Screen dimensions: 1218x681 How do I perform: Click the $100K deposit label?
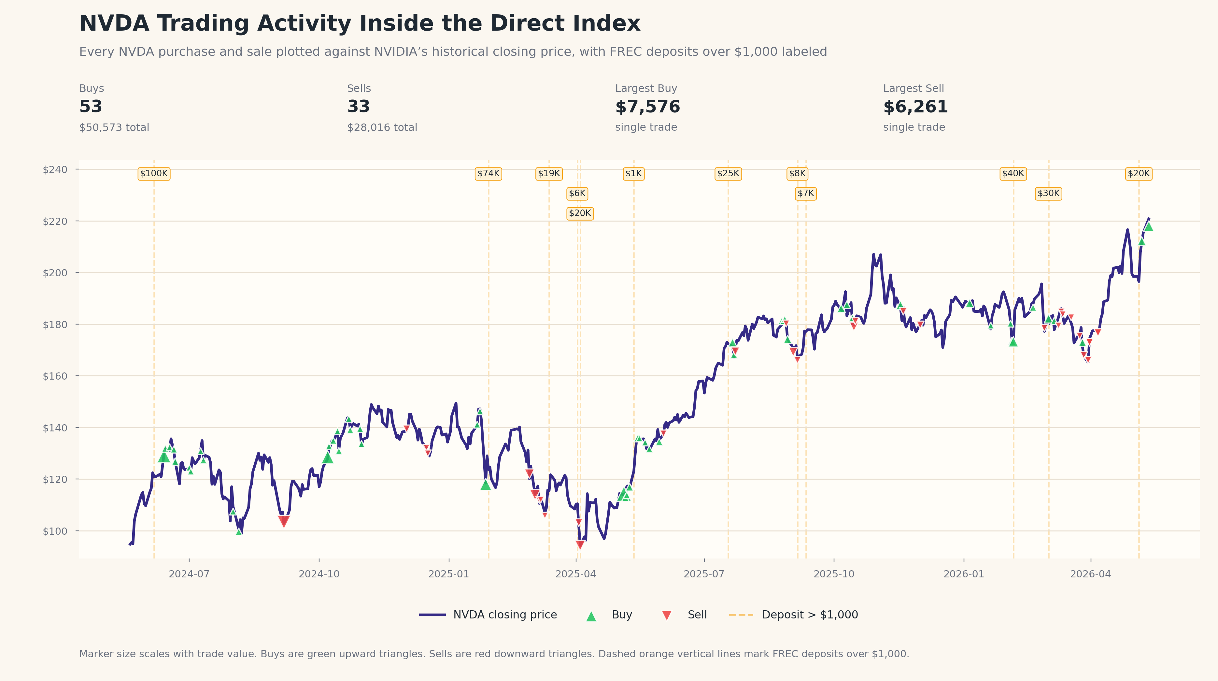[154, 174]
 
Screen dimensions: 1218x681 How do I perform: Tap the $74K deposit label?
[489, 174]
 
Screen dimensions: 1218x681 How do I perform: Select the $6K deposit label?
[577, 194]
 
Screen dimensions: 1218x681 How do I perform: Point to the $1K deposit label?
[633, 174]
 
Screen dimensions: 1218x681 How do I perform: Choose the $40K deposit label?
[1013, 174]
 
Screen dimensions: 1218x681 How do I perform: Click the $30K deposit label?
[1049, 194]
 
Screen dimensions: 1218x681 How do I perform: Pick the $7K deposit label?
[806, 194]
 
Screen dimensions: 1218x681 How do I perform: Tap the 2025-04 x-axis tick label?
[575, 574]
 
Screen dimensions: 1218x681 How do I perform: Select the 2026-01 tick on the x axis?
[964, 574]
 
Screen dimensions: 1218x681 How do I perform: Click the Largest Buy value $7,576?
[647, 107]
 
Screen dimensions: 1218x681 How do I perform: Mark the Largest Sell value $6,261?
[915, 107]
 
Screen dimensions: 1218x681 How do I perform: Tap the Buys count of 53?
[91, 107]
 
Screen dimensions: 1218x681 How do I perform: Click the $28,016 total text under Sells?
[382, 128]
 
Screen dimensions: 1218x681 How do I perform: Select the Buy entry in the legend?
[609, 615]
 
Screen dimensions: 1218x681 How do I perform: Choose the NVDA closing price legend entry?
[488, 615]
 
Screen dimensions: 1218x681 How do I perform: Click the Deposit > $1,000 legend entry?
[793, 615]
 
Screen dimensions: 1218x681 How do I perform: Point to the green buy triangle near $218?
[1149, 226]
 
